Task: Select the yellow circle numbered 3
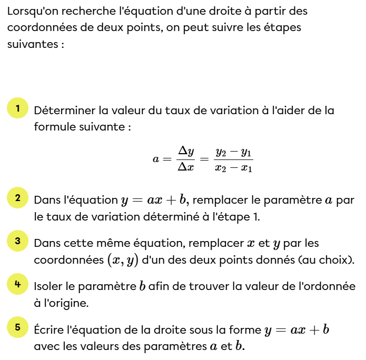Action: click(x=17, y=241)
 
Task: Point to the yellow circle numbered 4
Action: click(x=17, y=284)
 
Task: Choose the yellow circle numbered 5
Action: click(x=17, y=327)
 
